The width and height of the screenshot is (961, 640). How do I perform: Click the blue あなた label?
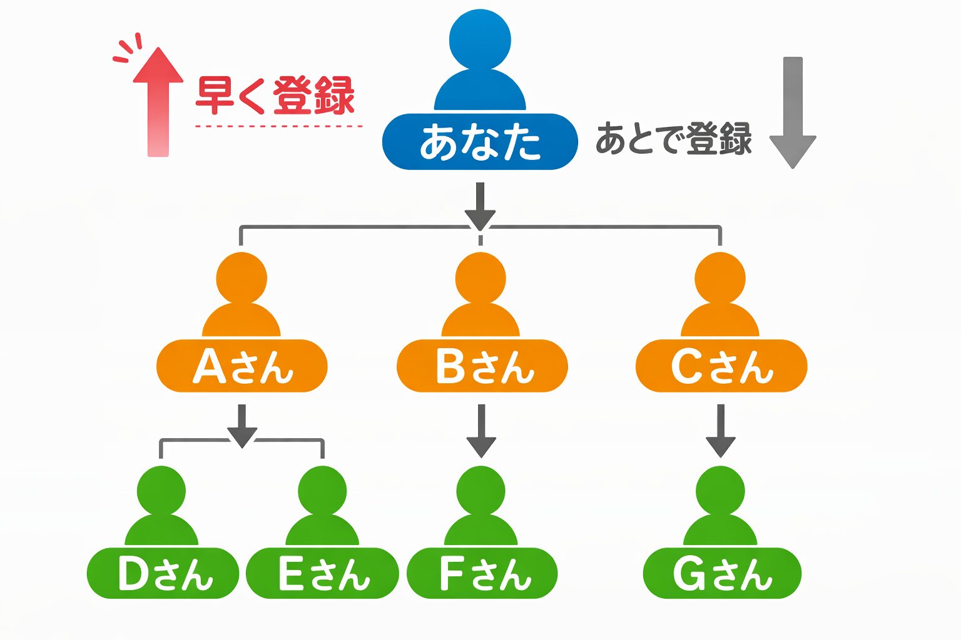[x=480, y=142]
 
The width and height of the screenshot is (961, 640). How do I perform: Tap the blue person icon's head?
[x=480, y=40]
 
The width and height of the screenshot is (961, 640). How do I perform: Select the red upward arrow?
[x=158, y=100]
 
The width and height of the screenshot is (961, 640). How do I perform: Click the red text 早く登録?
[x=275, y=95]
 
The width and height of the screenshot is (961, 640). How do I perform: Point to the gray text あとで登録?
[x=673, y=138]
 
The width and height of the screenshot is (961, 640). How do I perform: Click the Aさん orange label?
[x=242, y=366]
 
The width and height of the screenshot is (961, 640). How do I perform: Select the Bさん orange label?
[x=482, y=366]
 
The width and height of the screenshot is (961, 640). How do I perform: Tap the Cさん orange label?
[x=721, y=366]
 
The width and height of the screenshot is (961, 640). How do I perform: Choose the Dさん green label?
[x=163, y=573]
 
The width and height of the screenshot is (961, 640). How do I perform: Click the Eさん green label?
[x=322, y=573]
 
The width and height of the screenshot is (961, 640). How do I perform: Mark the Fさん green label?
[x=482, y=573]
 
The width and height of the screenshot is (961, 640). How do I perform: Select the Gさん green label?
[x=722, y=573]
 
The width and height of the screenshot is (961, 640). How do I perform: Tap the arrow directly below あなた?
[x=480, y=206]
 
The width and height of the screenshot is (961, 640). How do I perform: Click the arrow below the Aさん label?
[x=242, y=425]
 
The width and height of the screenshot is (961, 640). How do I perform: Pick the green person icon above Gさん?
[x=720, y=506]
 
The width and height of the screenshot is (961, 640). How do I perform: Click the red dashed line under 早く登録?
[x=278, y=126]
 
